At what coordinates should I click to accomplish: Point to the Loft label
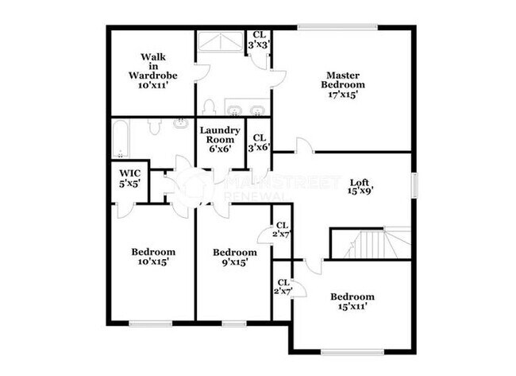(360, 185)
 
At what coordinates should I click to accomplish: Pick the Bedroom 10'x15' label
(153, 257)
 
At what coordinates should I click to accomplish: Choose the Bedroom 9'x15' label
(235, 257)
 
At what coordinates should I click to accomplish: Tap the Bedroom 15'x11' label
(352, 300)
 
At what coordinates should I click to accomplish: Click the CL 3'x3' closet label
(260, 41)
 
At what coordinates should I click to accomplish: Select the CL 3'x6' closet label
(260, 141)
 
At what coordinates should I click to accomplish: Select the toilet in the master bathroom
(210, 107)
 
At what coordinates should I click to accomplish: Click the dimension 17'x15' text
(343, 94)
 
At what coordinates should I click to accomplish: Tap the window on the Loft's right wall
(414, 185)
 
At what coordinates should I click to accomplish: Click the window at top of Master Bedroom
(337, 29)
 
